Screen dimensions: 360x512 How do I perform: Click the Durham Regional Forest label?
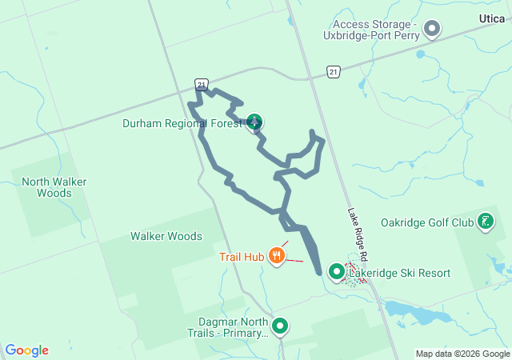(182, 123)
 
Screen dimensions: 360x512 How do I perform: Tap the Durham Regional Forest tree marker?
(254, 122)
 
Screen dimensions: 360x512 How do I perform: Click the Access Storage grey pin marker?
(432, 30)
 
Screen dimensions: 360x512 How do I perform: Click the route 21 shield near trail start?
(202, 83)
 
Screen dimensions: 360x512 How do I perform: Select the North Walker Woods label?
(54, 187)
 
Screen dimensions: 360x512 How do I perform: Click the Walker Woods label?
(166, 236)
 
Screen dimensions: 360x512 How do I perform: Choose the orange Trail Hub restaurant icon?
(277, 255)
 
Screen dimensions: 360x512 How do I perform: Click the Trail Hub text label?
(242, 257)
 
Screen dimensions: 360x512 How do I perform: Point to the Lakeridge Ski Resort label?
(399, 273)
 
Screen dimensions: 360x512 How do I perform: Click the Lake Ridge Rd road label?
(357, 237)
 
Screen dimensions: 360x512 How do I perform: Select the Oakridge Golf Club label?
(427, 222)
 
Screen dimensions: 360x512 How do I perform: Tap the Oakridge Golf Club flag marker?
(485, 221)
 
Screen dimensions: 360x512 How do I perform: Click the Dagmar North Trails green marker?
(280, 326)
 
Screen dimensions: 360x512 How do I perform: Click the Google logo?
(26, 350)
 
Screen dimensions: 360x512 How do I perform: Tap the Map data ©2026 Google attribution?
(462, 354)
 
